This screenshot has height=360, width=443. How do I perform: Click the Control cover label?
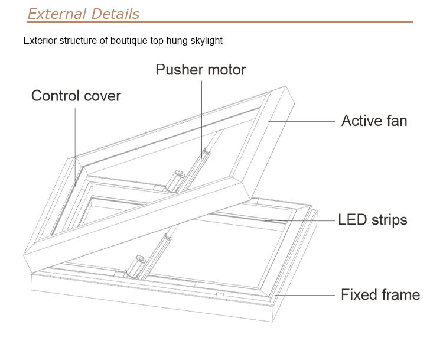coord(76,96)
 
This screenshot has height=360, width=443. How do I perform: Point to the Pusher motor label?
coord(200,70)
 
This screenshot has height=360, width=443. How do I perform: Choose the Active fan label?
coord(374,121)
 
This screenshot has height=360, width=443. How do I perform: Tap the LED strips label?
coord(372,220)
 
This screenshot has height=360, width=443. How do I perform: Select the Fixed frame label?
coord(380,294)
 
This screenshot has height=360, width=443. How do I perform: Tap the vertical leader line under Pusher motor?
coord(200,112)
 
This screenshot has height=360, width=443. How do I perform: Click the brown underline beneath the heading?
coord(219,22)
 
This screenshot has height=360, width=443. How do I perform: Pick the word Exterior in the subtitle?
coord(39,41)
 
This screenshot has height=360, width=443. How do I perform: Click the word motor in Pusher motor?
coord(225,70)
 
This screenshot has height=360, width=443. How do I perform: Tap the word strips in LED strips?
coord(387,220)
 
